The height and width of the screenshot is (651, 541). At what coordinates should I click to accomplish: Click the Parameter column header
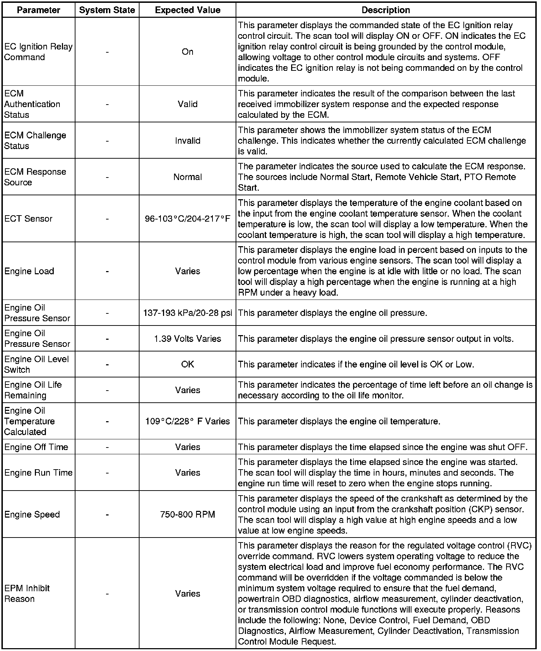(x=38, y=10)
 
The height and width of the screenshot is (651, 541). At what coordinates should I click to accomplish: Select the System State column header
(x=107, y=10)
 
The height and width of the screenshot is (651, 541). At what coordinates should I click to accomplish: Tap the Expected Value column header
(x=187, y=10)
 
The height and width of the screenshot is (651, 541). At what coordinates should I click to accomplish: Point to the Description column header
(x=385, y=10)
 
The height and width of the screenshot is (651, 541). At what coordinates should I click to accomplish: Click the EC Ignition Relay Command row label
(x=38, y=52)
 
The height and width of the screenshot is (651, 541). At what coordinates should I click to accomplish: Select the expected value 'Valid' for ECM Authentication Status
(x=187, y=104)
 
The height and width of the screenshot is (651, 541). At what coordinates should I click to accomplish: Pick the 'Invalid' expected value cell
(x=187, y=141)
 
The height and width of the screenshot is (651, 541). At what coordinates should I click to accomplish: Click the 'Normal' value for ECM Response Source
(x=187, y=177)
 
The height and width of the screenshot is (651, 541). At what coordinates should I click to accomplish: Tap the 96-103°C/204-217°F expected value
(x=187, y=219)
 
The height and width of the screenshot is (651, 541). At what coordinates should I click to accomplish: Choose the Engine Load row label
(x=29, y=271)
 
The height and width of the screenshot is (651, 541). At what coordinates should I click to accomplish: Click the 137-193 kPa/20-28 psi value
(x=187, y=313)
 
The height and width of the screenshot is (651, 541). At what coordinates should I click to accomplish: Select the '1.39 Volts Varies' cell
(x=187, y=339)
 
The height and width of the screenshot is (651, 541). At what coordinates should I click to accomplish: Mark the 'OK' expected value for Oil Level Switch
(x=187, y=364)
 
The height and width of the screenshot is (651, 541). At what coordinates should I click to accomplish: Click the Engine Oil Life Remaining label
(x=33, y=390)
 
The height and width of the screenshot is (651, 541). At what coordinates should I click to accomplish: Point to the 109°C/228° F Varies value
(x=187, y=421)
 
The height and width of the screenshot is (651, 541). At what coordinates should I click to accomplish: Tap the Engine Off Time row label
(x=36, y=447)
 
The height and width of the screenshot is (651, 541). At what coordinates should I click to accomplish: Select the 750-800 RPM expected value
(x=187, y=514)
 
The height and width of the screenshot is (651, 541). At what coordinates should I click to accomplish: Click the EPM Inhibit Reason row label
(x=27, y=593)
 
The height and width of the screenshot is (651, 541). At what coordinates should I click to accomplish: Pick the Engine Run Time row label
(x=38, y=473)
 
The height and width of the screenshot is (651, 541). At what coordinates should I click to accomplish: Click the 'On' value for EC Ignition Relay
(x=187, y=52)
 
